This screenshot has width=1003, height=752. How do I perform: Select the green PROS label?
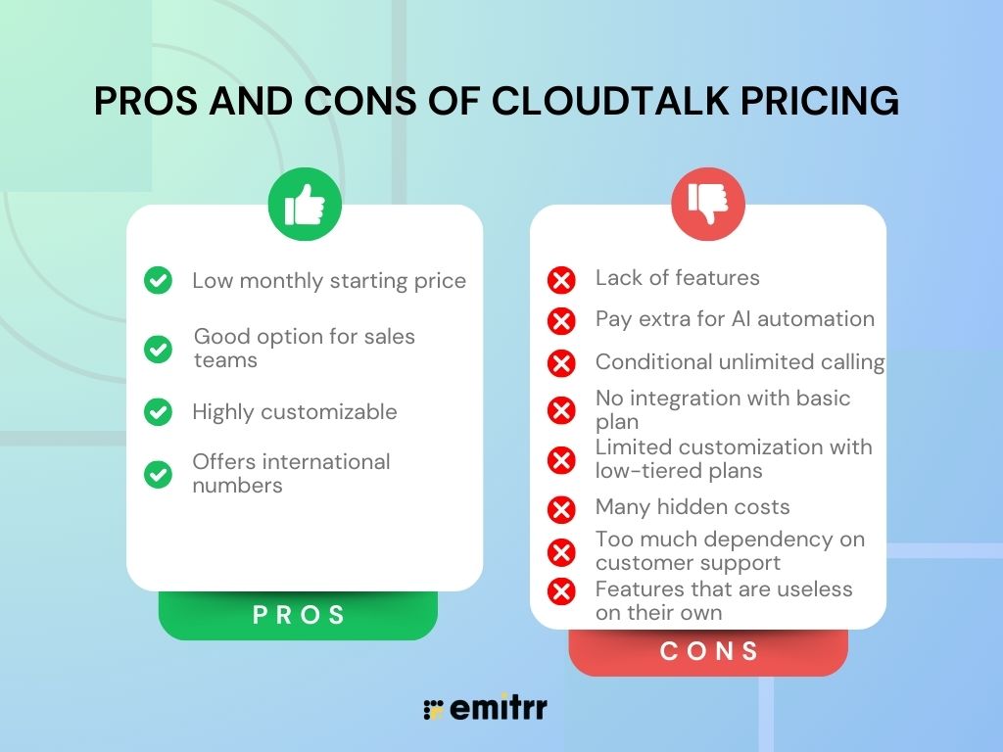pyautogui.click(x=299, y=615)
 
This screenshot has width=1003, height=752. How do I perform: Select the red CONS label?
pyautogui.click(x=709, y=651)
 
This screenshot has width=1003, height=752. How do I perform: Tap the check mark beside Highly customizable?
pyautogui.click(x=158, y=412)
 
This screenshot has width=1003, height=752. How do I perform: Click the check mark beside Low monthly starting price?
pyautogui.click(x=158, y=281)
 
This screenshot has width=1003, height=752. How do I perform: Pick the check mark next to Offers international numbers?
pyautogui.click(x=158, y=474)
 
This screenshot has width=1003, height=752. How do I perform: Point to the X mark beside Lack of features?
pyautogui.click(x=561, y=281)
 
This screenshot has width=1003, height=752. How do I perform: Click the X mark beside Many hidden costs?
pyautogui.click(x=561, y=509)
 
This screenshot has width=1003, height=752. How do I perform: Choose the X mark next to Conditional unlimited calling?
pyautogui.click(x=561, y=364)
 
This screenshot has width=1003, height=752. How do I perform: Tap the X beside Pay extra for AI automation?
pyautogui.click(x=561, y=321)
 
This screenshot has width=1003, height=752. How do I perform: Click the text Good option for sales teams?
pyautogui.click(x=304, y=348)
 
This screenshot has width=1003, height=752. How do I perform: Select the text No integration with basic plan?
pyautogui.click(x=722, y=409)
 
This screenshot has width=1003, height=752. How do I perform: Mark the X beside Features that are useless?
pyautogui.click(x=561, y=591)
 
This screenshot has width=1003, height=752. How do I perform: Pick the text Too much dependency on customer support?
pyautogui.click(x=730, y=551)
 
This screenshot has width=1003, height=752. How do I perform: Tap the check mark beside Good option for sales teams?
pyautogui.click(x=158, y=349)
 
